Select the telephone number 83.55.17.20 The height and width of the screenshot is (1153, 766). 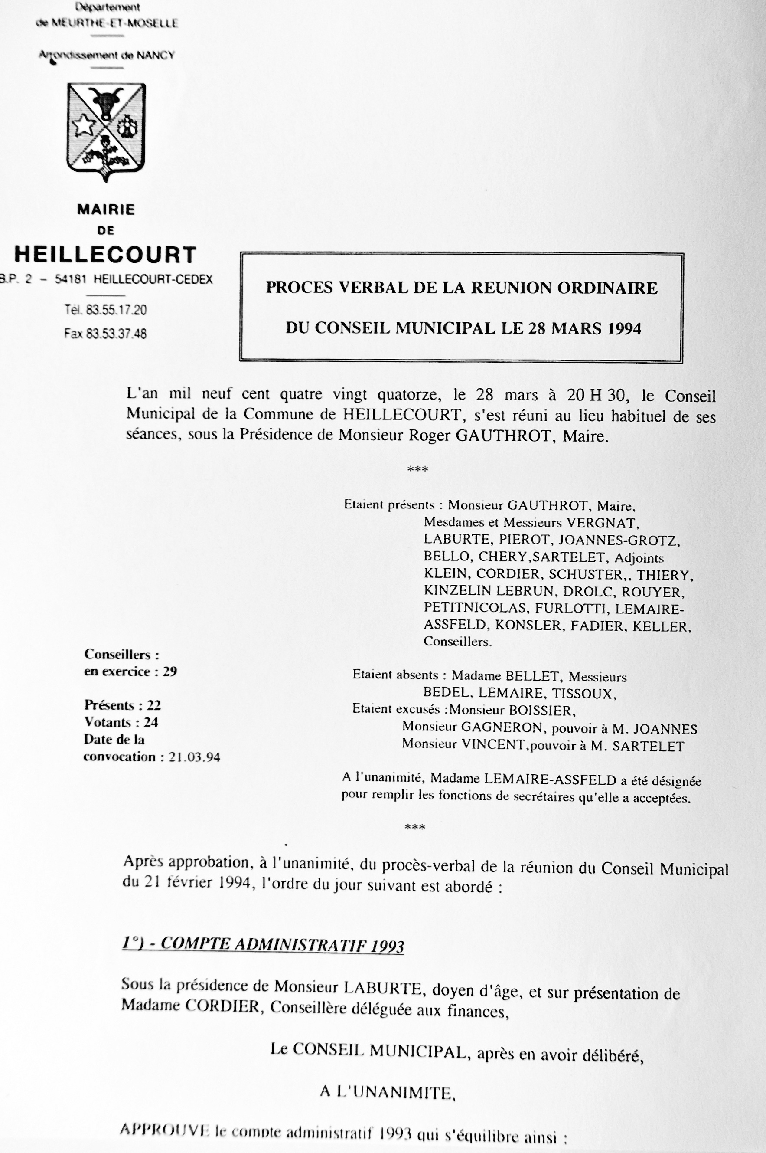click(x=116, y=310)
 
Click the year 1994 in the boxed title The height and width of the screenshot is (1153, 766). click(x=624, y=328)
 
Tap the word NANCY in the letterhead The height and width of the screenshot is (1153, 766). click(x=155, y=55)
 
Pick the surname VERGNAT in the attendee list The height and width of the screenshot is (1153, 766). click(x=601, y=523)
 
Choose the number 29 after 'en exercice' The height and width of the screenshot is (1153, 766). click(x=170, y=671)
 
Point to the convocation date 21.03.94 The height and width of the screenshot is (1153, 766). click(x=195, y=757)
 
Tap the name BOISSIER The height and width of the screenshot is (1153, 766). click(x=540, y=711)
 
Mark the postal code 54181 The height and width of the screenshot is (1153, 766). click(x=71, y=279)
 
